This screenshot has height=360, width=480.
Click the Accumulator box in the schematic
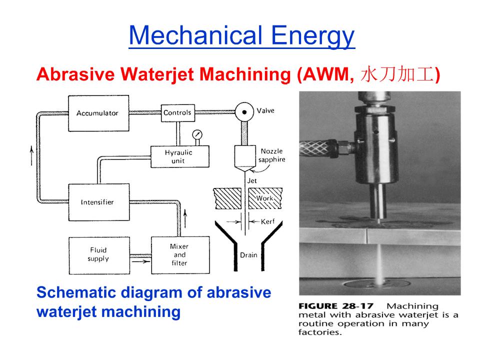(98, 113)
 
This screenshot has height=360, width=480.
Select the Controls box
(177, 113)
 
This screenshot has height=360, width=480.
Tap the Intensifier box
(99, 202)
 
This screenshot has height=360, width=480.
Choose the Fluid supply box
(99, 255)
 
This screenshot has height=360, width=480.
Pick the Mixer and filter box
(180, 255)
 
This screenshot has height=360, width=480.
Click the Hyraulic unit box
(179, 156)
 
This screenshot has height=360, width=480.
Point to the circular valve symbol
(244, 112)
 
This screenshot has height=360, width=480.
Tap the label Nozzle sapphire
(271, 155)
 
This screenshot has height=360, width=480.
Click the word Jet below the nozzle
(252, 181)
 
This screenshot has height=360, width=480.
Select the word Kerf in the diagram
(267, 221)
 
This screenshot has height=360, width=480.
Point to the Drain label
(248, 255)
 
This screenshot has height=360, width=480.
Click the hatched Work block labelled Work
(265, 198)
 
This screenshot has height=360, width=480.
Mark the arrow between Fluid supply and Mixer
(140, 261)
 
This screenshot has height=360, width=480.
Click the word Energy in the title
(313, 36)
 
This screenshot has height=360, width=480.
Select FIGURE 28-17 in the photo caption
(336, 306)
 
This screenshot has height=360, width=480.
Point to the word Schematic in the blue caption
(76, 292)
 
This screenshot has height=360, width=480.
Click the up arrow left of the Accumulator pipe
(31, 155)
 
